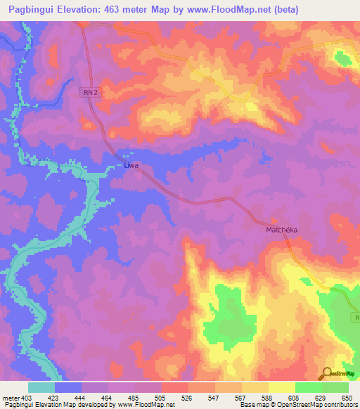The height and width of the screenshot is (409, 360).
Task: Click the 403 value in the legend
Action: pos(27,397)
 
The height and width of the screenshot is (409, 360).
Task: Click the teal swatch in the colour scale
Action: pos(41,387)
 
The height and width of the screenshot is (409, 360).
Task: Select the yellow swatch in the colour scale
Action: pos(281,387)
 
